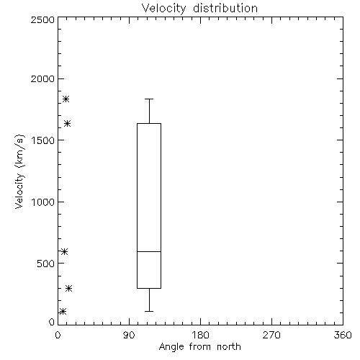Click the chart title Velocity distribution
tap(199, 8)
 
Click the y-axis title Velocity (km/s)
tap(19, 171)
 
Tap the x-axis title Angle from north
tap(199, 347)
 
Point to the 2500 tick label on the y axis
tap(42, 19)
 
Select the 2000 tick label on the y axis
tap(42, 78)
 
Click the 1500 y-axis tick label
tap(43, 140)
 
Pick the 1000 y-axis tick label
tap(43, 202)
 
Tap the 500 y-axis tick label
tap(46, 264)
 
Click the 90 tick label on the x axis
tap(129, 335)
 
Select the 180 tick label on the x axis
tap(200, 335)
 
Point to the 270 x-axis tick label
tap(271, 335)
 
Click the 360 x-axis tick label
tap(343, 335)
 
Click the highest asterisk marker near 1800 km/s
tap(66, 99)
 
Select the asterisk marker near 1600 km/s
tap(67, 124)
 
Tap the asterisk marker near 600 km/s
tap(64, 251)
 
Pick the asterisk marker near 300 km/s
tap(69, 288)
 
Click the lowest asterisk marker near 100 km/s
tap(63, 312)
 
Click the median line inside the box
tap(149, 251)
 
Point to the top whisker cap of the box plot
tap(149, 99)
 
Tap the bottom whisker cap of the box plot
tap(149, 311)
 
